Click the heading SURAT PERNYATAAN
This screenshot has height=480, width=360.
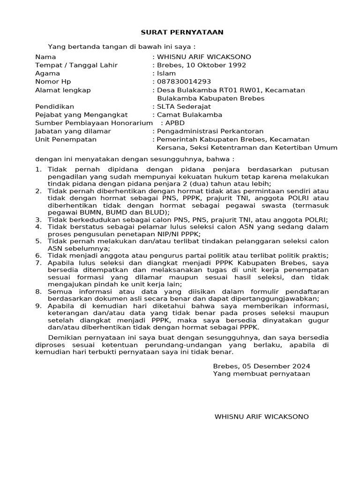pos(176,32)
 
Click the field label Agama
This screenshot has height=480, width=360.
pos(47,73)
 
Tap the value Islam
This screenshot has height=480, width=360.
pos(166,73)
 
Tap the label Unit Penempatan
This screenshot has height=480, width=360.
pos(66,139)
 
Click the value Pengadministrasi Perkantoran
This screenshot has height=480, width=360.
pos(210,131)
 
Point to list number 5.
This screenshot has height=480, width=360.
pos(38,240)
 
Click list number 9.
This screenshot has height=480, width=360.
pos(38,306)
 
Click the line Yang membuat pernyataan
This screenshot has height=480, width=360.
pos(261,374)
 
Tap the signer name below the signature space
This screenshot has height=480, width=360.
pos(262,416)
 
